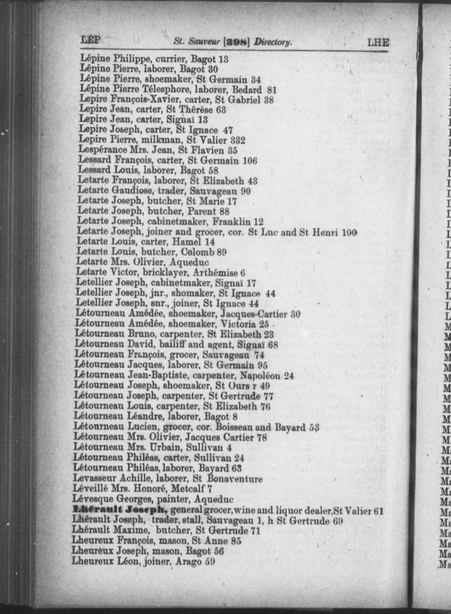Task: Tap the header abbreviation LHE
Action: (x=378, y=43)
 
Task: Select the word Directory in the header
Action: (x=273, y=43)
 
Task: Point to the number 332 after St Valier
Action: (x=236, y=141)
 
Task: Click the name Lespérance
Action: (x=103, y=150)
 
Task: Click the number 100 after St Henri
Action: (x=349, y=232)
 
